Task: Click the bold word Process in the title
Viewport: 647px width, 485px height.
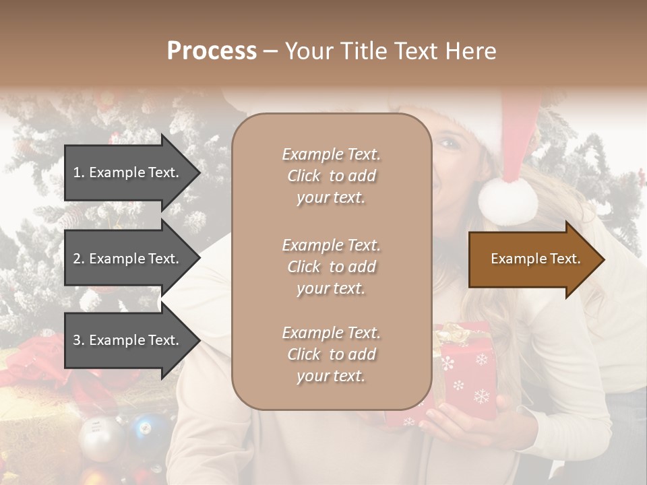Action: pos(212,51)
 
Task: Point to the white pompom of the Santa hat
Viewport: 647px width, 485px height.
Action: pos(507,199)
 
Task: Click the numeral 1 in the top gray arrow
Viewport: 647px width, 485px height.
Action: pos(76,172)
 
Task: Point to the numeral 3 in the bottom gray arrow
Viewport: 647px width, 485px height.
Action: pos(77,340)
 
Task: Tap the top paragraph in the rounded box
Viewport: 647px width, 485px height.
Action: pos(331,176)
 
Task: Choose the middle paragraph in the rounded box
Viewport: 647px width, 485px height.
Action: pos(331,267)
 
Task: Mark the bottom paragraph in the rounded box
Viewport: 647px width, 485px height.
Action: pos(331,354)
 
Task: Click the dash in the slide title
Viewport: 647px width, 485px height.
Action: pos(270,51)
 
